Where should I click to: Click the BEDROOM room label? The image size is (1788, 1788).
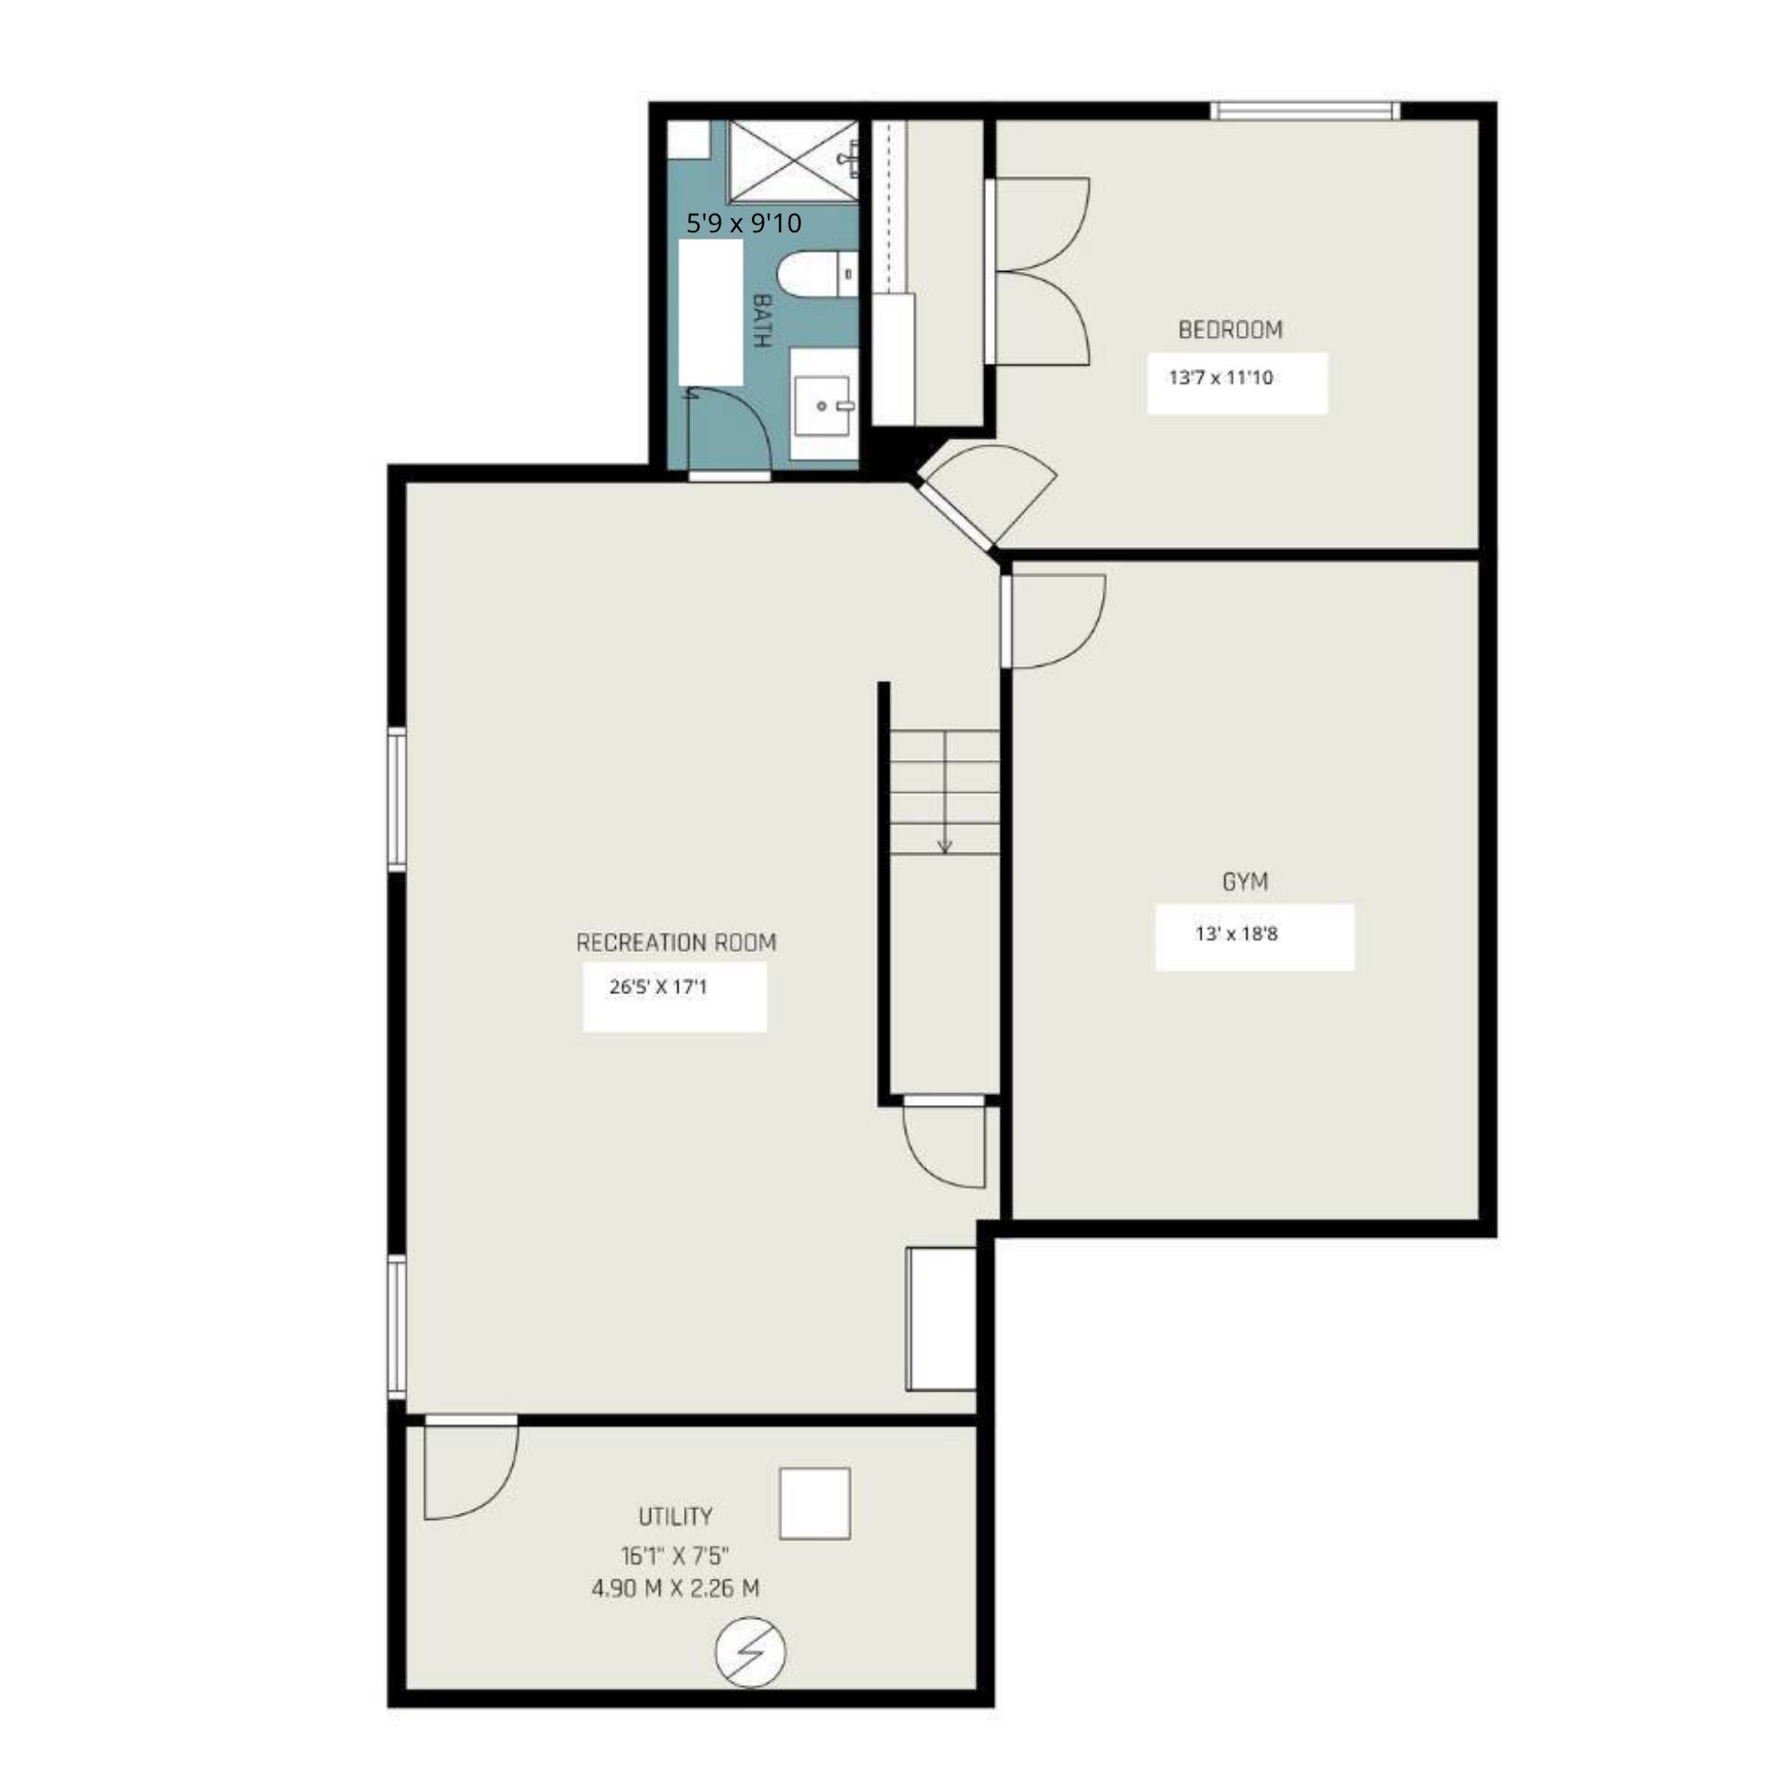(1230, 330)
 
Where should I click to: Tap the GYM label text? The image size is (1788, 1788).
(1244, 882)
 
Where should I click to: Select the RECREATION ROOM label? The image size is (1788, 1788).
(676, 942)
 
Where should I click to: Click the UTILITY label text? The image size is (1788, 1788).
(676, 1516)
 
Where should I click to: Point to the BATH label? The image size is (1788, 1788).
(762, 320)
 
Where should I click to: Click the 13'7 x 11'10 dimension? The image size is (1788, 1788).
(1220, 377)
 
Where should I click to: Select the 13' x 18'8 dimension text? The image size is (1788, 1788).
(1236, 934)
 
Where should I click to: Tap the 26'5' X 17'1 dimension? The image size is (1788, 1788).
(657, 987)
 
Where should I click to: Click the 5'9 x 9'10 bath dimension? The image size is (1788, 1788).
(743, 223)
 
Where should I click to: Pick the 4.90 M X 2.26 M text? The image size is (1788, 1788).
(676, 1588)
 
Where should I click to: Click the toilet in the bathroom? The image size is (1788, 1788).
(819, 274)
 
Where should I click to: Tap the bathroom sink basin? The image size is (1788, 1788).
(821, 406)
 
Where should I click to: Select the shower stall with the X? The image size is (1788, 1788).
(793, 161)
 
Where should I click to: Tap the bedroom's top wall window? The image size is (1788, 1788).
(1305, 111)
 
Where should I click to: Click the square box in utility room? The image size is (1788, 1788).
(814, 1504)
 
